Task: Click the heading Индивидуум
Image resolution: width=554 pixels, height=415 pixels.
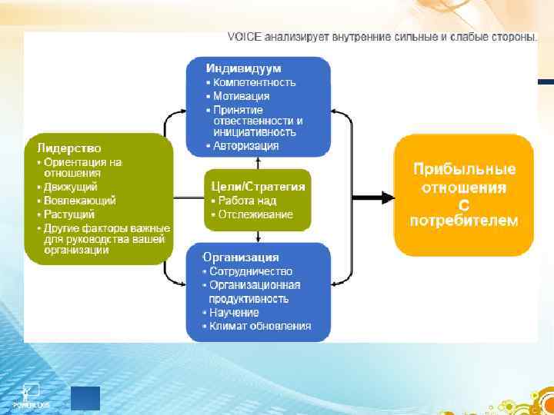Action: click(x=243, y=68)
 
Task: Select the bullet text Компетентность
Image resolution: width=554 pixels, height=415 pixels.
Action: click(x=254, y=82)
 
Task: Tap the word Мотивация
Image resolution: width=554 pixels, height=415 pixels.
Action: click(x=241, y=96)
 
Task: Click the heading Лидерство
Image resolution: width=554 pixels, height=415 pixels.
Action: click(x=69, y=148)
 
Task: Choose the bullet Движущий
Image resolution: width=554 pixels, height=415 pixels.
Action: click(x=70, y=187)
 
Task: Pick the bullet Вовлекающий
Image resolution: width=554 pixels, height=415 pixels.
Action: click(x=79, y=201)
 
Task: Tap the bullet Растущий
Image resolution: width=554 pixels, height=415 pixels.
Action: click(x=69, y=214)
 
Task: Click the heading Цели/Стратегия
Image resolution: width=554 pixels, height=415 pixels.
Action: click(x=258, y=186)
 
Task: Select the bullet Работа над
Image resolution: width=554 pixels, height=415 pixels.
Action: click(x=245, y=201)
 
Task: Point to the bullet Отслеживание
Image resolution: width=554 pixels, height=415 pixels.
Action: click(x=255, y=214)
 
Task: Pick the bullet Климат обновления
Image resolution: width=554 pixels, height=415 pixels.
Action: click(x=260, y=326)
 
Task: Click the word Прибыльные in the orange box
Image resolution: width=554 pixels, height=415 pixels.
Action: click(x=464, y=170)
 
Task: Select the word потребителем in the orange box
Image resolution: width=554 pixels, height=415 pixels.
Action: click(x=464, y=221)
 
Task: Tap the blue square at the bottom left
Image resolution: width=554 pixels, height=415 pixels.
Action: click(x=85, y=398)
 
